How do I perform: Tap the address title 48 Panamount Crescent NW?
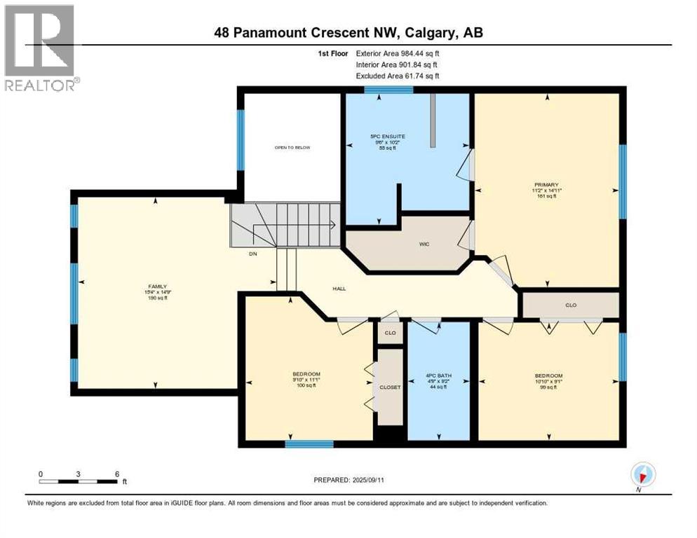[x=348, y=32]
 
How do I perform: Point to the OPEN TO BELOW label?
[x=292, y=148]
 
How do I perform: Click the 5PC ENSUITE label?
[x=388, y=136]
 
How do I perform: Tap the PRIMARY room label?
[x=546, y=186]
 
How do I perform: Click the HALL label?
[x=339, y=288]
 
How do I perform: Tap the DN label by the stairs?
[x=252, y=254]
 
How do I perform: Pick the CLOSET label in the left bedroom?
[x=390, y=387]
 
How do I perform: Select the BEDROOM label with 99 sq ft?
[x=548, y=376]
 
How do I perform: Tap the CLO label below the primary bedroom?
[x=570, y=305]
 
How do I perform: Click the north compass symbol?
[x=643, y=475]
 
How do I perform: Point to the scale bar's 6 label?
[x=116, y=474]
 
